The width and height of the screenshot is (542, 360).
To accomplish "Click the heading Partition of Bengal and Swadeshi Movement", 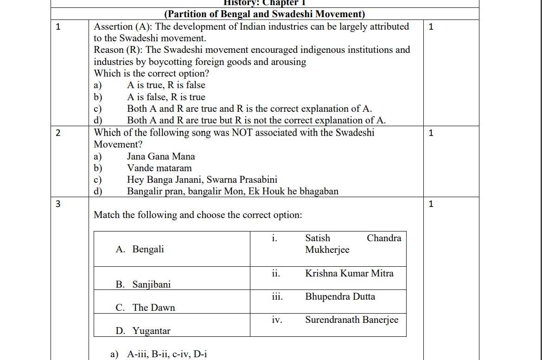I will click(x=265, y=14).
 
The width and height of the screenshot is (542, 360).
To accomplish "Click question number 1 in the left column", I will click(x=58, y=26).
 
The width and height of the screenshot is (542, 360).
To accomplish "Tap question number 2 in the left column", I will click(x=58, y=133).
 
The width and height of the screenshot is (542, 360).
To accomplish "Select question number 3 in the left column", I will click(x=58, y=204).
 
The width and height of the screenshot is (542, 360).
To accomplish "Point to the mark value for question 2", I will click(x=431, y=133).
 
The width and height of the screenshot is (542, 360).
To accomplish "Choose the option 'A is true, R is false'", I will click(x=166, y=85).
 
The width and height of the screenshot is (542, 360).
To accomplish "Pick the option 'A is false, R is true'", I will click(x=166, y=97).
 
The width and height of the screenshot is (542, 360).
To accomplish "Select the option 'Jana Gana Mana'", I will click(x=161, y=157).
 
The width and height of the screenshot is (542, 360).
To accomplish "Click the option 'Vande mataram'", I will click(x=159, y=168).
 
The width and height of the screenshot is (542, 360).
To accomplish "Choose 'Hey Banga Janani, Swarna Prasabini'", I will click(x=202, y=180).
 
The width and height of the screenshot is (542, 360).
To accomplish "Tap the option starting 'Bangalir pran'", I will click(x=233, y=192).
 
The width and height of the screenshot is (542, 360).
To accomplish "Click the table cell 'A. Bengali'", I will click(x=140, y=250).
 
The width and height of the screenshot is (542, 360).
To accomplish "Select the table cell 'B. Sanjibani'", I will click(x=143, y=284).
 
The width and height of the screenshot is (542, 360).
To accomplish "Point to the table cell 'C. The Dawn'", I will click(x=146, y=308).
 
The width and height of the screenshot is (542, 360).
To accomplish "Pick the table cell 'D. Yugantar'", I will click(x=143, y=331).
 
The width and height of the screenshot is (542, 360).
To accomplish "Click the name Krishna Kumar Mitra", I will click(x=349, y=274).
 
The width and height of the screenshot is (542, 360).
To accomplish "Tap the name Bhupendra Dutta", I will click(x=340, y=297).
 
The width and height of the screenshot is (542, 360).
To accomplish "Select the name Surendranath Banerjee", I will click(x=351, y=320).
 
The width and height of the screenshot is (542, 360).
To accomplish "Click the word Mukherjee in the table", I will click(x=327, y=250).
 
